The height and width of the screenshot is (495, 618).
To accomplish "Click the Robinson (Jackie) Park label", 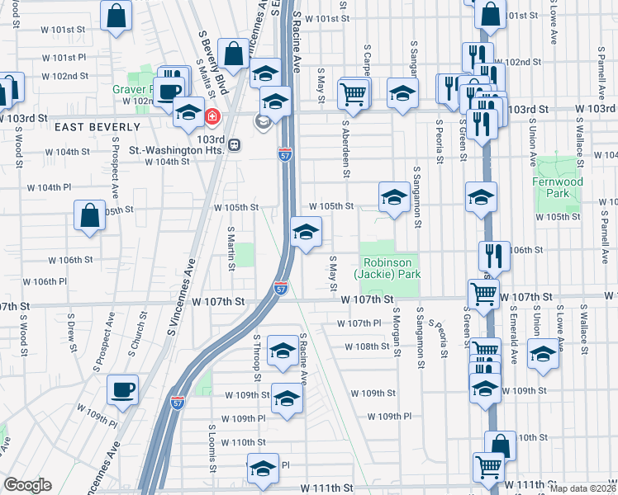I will coord(388,268).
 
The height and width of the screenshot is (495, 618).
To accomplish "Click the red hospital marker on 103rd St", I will coord(212,117).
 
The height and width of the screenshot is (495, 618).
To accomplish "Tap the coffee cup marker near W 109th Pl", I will coord(123,389).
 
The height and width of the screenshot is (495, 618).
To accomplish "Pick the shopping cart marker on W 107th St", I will coord(483,293).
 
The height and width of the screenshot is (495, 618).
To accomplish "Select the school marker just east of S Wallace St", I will coord(543,352).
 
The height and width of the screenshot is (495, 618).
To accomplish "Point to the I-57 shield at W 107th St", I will coord(282,287).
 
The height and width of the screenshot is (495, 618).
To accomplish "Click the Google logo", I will coord(28,485).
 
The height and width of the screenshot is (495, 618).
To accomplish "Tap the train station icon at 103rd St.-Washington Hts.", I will coord(234,145).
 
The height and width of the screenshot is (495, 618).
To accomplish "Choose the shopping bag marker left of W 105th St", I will coord(90,215).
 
